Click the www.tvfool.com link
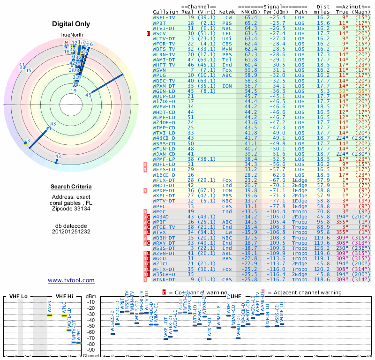[x=71, y=280]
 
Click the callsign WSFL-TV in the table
[x=164, y=17]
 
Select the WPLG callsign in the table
[x=159, y=75]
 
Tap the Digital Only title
[x=71, y=24]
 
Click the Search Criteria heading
[x=71, y=187]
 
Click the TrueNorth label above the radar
[x=71, y=35]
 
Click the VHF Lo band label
[x=19, y=297]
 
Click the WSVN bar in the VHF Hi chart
[x=49, y=315]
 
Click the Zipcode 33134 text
[x=71, y=209]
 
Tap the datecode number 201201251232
[x=71, y=231]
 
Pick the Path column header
[x=301, y=12]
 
